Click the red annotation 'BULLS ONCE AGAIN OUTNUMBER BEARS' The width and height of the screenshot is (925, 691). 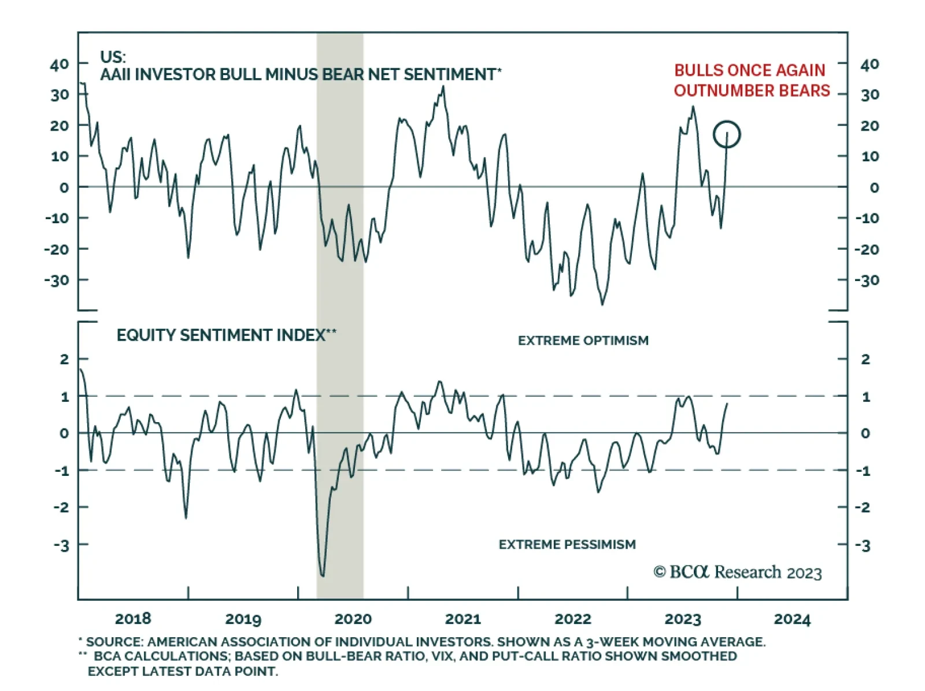(751, 80)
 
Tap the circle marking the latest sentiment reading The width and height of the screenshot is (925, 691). (727, 134)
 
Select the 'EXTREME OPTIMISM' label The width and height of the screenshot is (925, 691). (583, 341)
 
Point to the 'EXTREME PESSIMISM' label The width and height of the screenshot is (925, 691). (567, 544)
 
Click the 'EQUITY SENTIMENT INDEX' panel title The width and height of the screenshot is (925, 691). (226, 335)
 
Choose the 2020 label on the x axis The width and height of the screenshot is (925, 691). (353, 619)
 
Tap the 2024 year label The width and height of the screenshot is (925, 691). (792, 619)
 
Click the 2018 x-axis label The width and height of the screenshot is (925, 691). (133, 619)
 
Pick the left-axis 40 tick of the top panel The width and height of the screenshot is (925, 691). (60, 64)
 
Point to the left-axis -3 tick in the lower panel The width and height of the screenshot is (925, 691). (61, 545)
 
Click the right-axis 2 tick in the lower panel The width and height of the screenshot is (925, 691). (865, 359)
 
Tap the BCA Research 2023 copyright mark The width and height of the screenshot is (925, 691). (737, 572)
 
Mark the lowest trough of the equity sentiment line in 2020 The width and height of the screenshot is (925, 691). (322, 576)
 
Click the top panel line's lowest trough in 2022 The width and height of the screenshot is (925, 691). (602, 304)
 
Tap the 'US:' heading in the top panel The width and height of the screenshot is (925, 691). (113, 57)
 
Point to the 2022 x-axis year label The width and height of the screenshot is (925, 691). (572, 619)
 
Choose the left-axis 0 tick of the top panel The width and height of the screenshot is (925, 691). (64, 187)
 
